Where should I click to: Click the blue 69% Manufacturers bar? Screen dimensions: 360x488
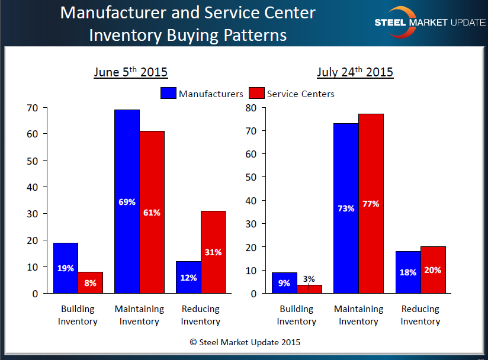point(127,201)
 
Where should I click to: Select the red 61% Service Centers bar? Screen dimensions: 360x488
point(152,212)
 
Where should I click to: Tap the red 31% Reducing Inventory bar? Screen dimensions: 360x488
point(213,252)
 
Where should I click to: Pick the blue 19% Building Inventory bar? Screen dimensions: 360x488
point(65,268)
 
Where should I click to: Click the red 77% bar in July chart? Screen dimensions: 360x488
point(371,203)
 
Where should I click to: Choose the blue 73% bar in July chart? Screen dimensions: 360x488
point(346,208)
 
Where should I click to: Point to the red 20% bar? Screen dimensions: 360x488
point(433,270)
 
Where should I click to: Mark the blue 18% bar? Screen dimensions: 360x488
point(408,272)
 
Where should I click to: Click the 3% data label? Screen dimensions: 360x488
point(309,278)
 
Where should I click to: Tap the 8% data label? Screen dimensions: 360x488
point(90,283)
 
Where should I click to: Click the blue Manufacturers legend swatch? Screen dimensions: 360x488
point(168,94)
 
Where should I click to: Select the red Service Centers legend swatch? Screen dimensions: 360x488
point(256,94)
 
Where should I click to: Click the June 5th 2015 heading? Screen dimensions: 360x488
point(130,72)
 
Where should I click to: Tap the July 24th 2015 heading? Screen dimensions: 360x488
point(355,72)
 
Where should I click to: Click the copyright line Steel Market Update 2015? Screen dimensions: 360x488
point(245,342)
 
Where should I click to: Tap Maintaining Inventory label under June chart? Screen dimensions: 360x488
point(139,315)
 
